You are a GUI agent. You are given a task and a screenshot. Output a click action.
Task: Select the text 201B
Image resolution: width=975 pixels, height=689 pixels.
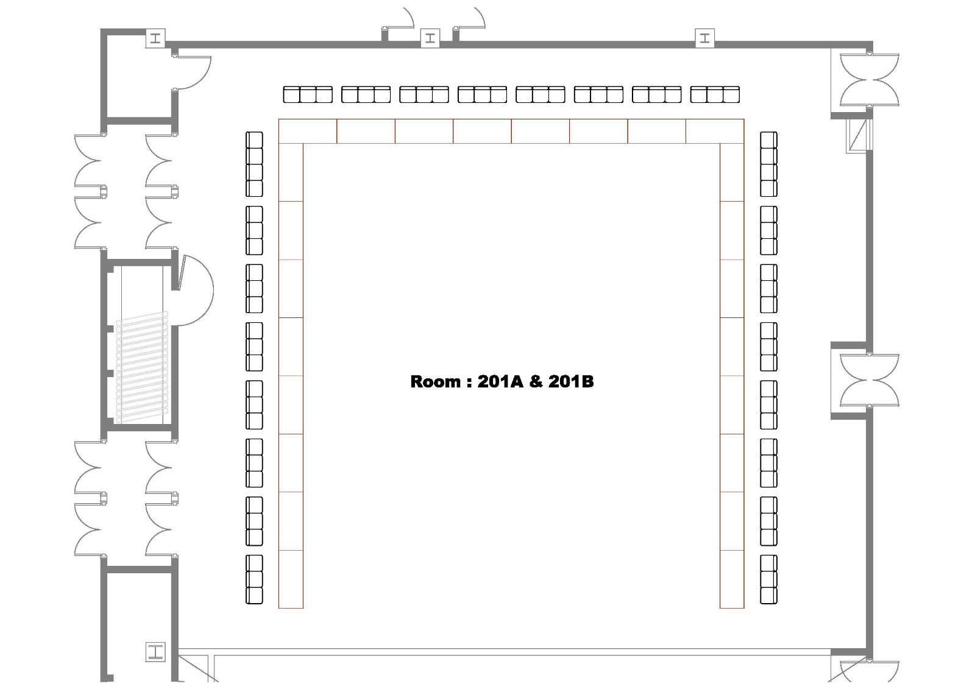point(571,382)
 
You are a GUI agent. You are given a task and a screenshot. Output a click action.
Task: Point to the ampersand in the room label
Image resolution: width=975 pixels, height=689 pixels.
point(536,382)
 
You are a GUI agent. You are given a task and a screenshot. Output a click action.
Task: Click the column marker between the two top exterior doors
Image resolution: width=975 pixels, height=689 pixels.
point(430,38)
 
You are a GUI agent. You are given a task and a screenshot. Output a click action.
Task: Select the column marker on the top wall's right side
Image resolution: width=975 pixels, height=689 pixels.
point(704,38)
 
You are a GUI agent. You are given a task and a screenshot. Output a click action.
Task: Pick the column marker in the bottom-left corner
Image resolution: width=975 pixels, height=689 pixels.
point(155,652)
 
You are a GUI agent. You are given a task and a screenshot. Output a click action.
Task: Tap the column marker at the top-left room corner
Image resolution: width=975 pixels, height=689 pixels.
point(155,38)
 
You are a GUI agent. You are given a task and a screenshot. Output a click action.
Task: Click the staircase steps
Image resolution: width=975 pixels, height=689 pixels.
point(142,367)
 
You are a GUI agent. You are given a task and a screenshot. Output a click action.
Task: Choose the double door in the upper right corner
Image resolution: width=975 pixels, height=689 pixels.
point(869,80)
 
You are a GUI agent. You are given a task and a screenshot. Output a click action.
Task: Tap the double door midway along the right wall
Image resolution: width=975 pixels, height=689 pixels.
point(869,380)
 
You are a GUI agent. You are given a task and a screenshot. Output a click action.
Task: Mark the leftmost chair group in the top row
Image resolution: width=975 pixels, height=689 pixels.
point(308,94)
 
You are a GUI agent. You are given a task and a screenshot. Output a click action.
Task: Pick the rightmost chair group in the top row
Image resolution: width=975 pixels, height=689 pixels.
point(715,94)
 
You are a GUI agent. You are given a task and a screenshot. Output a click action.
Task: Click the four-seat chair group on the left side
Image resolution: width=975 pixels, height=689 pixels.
point(254,164)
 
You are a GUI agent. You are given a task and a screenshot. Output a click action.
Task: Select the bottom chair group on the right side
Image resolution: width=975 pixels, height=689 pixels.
point(768,579)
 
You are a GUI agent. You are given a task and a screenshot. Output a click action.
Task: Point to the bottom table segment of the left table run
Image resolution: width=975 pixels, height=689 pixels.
point(291,579)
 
